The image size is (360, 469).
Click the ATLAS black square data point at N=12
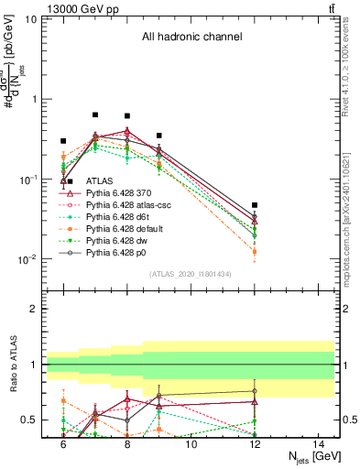click(x=255, y=205)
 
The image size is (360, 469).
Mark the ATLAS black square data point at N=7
click(x=95, y=115)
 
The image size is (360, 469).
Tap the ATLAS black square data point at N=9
click(x=158, y=136)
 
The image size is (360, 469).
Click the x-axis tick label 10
click(x=191, y=444)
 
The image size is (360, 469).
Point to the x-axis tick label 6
click(x=63, y=444)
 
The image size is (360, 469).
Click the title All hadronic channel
click(x=191, y=38)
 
